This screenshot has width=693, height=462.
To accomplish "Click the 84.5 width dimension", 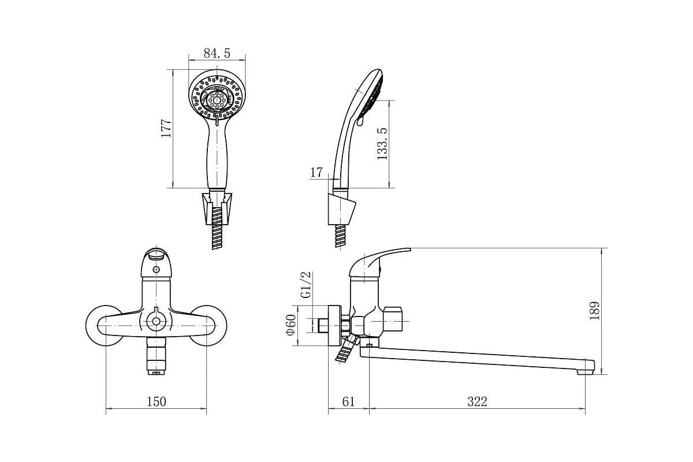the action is (217, 53).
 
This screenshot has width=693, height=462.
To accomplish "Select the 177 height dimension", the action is (166, 128).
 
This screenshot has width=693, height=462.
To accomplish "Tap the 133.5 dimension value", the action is (382, 144).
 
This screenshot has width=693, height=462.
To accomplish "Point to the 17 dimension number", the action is (316, 172).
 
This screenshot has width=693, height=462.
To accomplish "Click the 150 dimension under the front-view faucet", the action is (157, 402).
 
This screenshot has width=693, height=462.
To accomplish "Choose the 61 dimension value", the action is (348, 402).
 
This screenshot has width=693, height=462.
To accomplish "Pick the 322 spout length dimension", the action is (477, 402).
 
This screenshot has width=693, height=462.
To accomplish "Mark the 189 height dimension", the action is (594, 311).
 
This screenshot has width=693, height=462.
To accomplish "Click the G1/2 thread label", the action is (305, 285).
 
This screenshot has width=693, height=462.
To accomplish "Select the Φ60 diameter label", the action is (291, 325).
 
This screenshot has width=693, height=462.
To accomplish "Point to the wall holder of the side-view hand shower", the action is (342, 210).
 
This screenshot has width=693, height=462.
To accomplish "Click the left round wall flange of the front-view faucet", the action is (103, 326).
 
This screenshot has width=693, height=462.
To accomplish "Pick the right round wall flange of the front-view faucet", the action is (209, 326).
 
